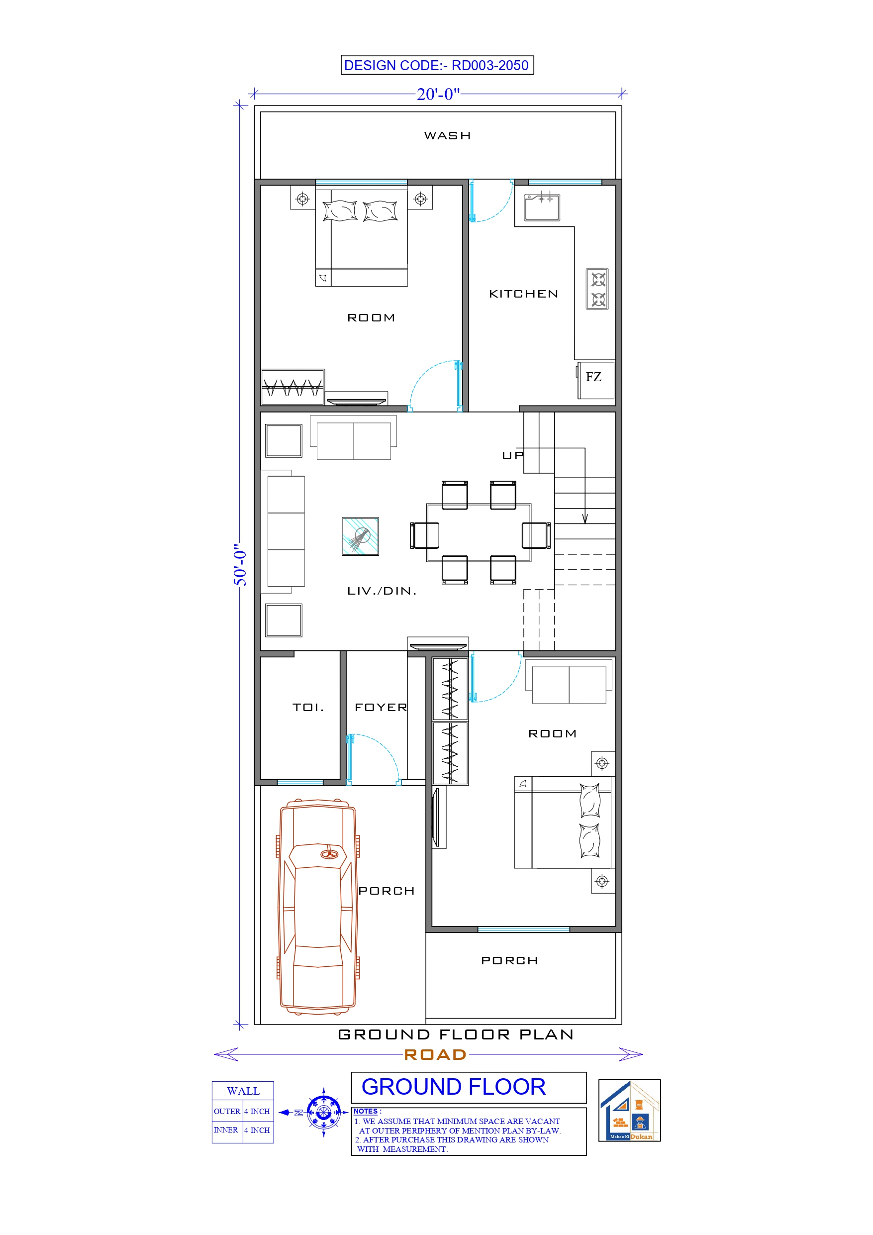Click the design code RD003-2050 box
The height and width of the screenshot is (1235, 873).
pos(437,65)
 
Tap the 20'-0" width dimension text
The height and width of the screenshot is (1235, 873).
pos(438,94)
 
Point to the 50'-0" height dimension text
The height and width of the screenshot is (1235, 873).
pos(240,567)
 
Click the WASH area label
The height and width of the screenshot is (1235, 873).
pos(447,135)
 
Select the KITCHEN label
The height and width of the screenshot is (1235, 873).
pos(523,294)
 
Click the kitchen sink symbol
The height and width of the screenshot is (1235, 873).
pos(542,207)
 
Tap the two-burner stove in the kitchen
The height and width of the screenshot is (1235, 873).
pos(597,289)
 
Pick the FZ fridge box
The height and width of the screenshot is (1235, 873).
pos(595,380)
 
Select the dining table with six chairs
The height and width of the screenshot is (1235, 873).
pos(479,532)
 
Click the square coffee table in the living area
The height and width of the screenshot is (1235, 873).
pos(360,536)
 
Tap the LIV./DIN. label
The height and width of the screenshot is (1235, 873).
pos(382,591)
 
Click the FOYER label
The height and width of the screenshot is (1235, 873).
pos(381,708)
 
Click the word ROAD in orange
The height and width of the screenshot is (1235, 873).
pos(435,1055)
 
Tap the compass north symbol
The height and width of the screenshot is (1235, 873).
pos(323,1113)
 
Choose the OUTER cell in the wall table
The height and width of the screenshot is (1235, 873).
pos(227,1111)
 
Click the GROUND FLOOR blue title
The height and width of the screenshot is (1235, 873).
pos(454,1087)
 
